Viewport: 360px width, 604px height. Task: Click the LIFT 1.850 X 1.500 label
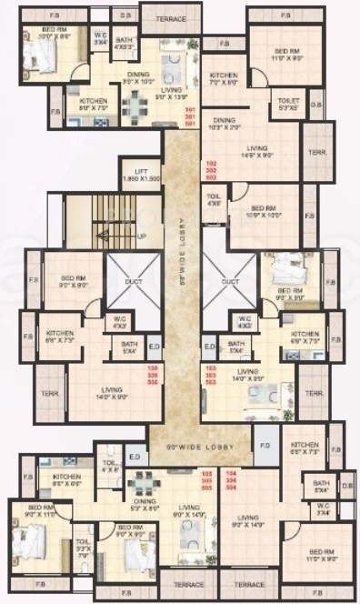point(141,176)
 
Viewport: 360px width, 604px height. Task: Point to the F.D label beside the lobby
point(265,447)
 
